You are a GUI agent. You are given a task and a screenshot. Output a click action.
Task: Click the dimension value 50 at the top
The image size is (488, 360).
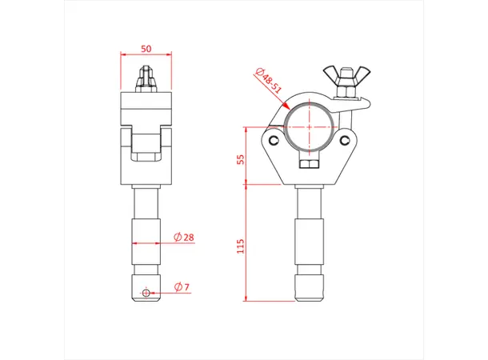coord(146,48)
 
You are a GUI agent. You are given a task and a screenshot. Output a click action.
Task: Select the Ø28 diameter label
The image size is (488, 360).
coord(184,238)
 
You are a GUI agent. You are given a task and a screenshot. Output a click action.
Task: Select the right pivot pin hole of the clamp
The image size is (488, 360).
coord(345,141)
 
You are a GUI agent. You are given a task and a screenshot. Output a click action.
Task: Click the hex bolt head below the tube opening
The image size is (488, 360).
coord(310,165)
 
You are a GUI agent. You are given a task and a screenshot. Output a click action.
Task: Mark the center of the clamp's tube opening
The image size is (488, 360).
coord(310,126)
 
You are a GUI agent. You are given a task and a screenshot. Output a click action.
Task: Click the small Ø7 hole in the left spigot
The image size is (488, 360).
coord(146,292)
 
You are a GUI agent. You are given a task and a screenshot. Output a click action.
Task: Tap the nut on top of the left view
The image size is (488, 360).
coord(146,79)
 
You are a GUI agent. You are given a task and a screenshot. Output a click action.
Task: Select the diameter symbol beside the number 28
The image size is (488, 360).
coord(178,238)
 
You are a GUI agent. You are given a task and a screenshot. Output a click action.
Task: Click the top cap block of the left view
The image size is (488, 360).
coord(146,106)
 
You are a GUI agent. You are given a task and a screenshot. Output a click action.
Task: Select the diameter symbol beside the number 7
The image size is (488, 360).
coord(178,286)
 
